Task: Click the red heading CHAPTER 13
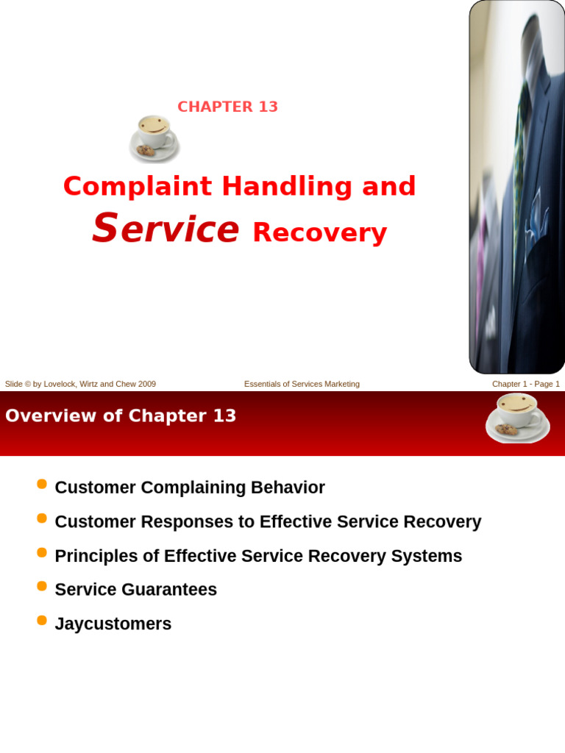point(227,107)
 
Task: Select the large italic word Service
point(166,229)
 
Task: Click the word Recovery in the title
point(319,232)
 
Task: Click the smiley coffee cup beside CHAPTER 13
point(154,138)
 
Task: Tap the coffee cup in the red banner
point(517,417)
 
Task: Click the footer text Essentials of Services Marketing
point(302,384)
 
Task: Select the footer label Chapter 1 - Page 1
point(525,384)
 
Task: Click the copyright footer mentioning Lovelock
point(80,384)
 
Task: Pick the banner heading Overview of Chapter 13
point(121,416)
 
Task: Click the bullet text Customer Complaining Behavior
point(190,488)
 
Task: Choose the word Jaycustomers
point(113,624)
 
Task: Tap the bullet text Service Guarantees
point(136,590)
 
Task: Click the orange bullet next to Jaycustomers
point(42,620)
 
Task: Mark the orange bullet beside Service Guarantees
point(42,586)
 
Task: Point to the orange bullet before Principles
point(42,552)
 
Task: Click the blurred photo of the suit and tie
point(516,187)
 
